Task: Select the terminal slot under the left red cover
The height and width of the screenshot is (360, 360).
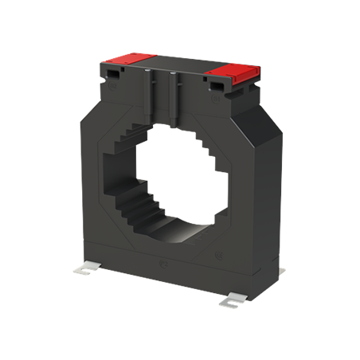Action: tap(114, 72)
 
